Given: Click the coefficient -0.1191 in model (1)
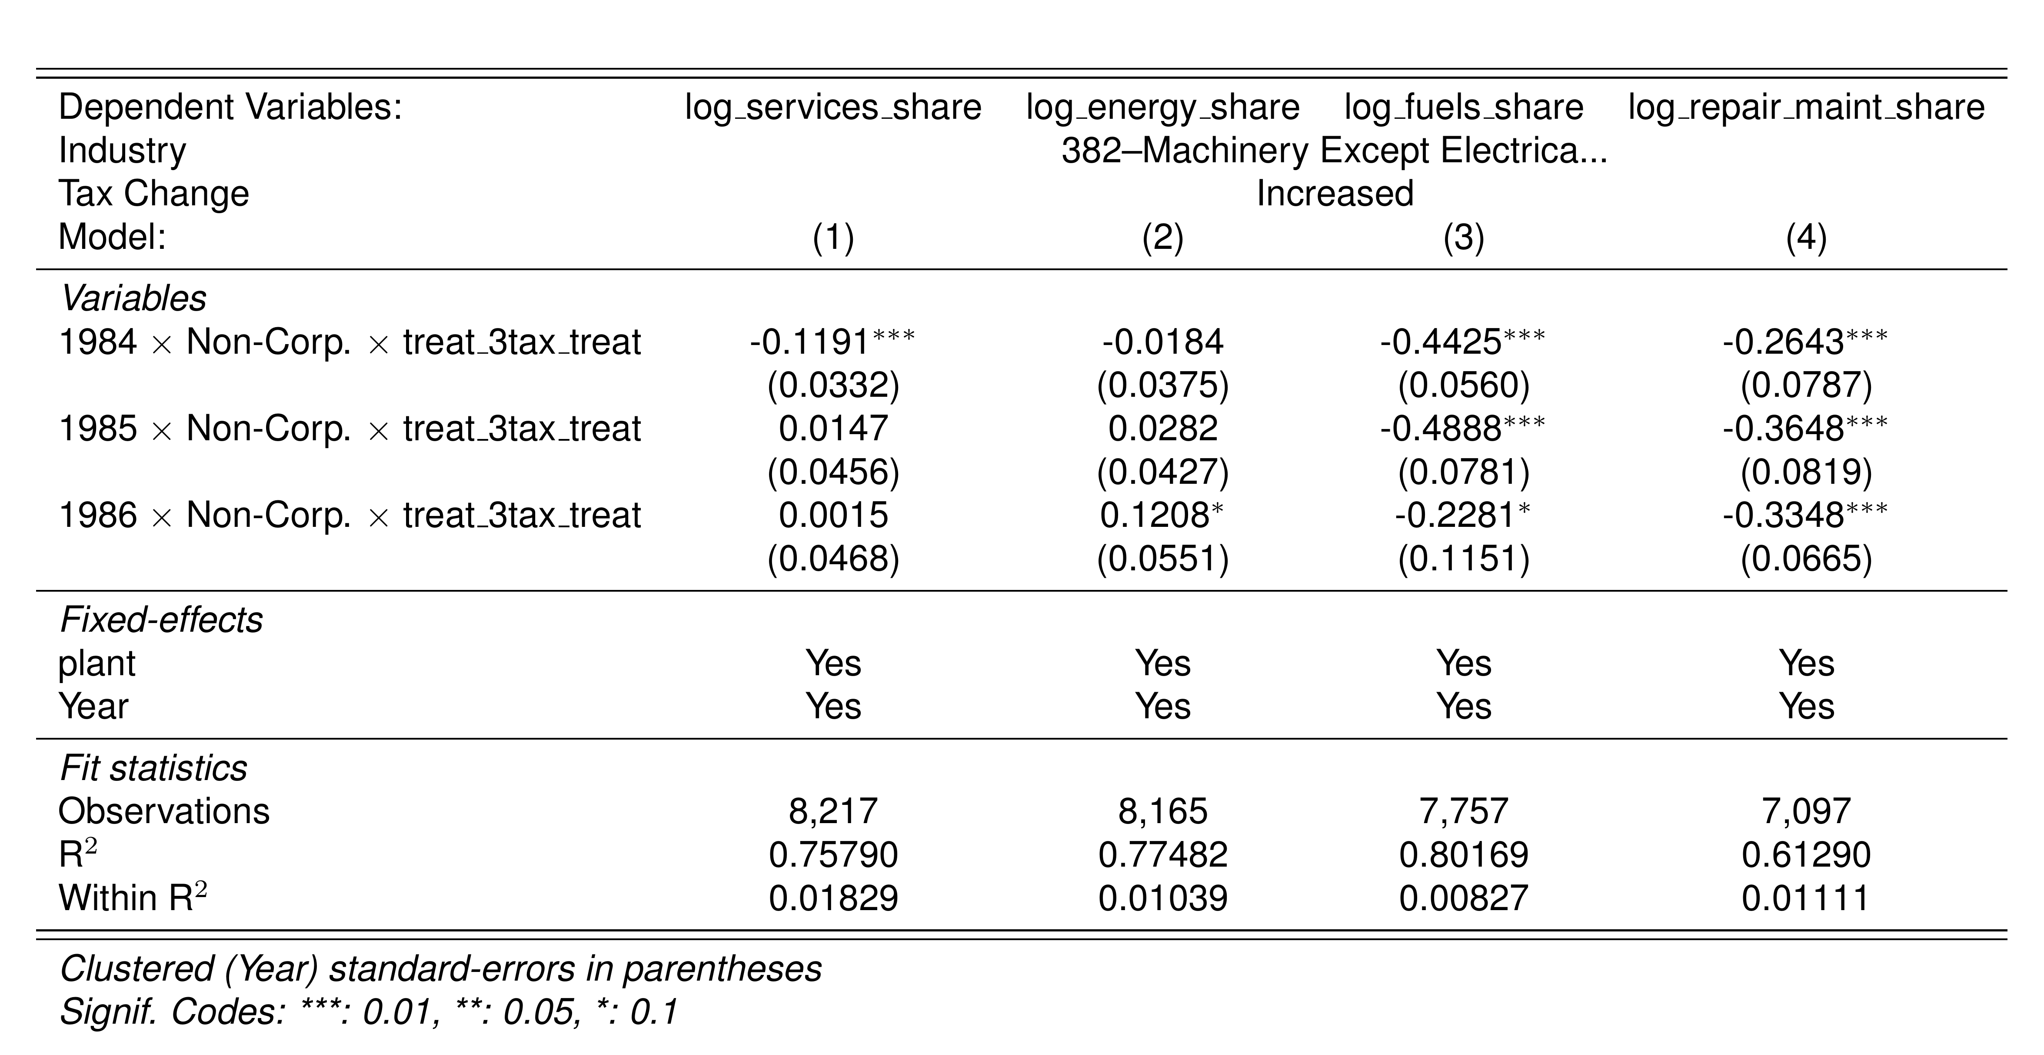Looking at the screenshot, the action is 809,342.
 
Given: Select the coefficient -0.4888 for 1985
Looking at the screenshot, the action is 1440,429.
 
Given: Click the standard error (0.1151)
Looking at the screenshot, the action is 1464,559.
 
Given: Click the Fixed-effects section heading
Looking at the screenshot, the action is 161,620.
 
